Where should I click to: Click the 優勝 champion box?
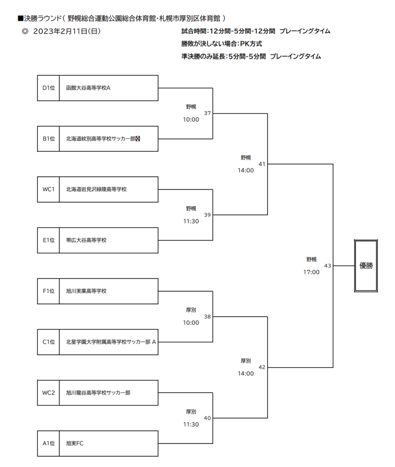coord(366,266)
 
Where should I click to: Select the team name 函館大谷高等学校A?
coord(88,88)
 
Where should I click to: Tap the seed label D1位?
coord(49,88)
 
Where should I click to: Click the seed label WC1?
coord(48,189)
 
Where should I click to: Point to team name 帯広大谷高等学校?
coord(86,240)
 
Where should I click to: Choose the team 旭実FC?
coord(75,443)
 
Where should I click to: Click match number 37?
coord(207,113)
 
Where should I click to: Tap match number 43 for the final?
coord(328,266)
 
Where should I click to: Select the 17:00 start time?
coord(312,272)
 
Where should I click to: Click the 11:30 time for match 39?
coord(191,221)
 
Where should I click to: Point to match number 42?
coord(262,367)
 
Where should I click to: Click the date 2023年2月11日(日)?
coord(67,31)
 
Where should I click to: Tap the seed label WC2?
coord(48,393)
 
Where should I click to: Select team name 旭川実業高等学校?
coord(86,291)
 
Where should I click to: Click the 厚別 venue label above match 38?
coord(191,310)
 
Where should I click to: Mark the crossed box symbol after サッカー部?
coord(138,139)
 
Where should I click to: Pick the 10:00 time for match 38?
coord(191,323)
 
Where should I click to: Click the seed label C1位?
coord(49,342)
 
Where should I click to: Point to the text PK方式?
coord(251,44)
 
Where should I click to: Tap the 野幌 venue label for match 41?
coord(246,158)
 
